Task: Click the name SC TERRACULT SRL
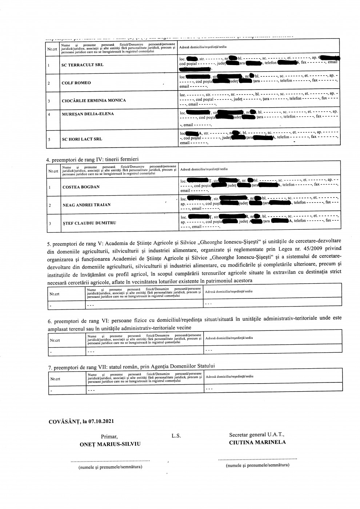click(x=83, y=65)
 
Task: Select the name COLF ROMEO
click(x=76, y=83)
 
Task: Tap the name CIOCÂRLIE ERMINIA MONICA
click(x=94, y=100)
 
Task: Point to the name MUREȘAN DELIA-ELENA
click(x=88, y=114)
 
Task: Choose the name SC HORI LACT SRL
click(x=82, y=139)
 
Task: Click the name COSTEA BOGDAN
click(x=81, y=187)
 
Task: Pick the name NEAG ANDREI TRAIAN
click(x=87, y=205)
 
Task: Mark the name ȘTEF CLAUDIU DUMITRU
click(x=89, y=223)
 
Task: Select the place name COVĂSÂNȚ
click(x=62, y=422)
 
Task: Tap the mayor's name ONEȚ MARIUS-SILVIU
click(x=110, y=444)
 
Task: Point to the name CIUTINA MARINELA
click(x=257, y=442)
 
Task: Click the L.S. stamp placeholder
click(x=176, y=436)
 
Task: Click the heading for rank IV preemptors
click(x=92, y=159)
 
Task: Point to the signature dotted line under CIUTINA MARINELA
click(x=257, y=459)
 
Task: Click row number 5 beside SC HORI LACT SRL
click(x=49, y=139)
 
